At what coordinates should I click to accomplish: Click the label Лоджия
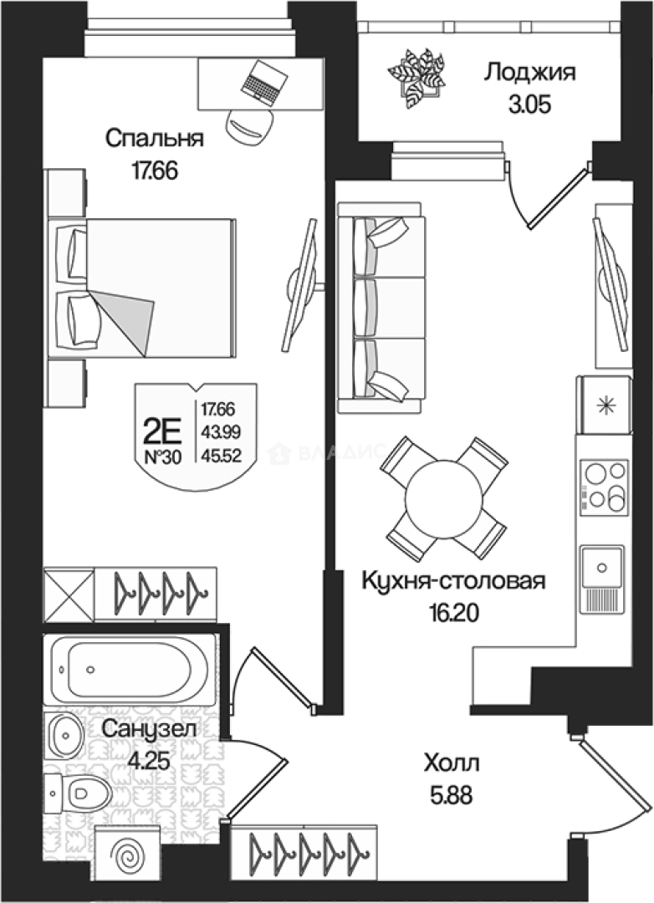(529, 73)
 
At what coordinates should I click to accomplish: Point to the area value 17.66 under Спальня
(156, 170)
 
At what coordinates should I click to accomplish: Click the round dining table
(443, 498)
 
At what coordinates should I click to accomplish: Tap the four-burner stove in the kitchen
(604, 487)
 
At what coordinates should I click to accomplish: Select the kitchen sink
(602, 569)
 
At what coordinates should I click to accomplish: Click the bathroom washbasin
(64, 734)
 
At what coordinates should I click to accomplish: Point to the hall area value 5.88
(452, 791)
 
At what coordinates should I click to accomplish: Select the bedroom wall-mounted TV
(300, 285)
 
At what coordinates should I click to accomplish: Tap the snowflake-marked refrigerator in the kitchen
(602, 406)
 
